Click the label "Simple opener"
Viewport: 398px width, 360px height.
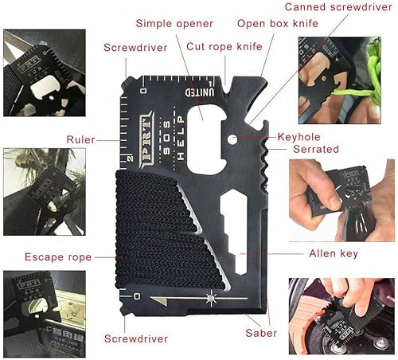pyautogui.click(x=174, y=22)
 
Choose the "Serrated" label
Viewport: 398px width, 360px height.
pyautogui.click(x=316, y=149)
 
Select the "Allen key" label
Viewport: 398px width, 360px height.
pyautogui.click(x=333, y=254)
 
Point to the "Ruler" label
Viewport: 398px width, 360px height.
pyautogui.click(x=80, y=139)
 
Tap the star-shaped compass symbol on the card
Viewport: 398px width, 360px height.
pyautogui.click(x=211, y=298)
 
